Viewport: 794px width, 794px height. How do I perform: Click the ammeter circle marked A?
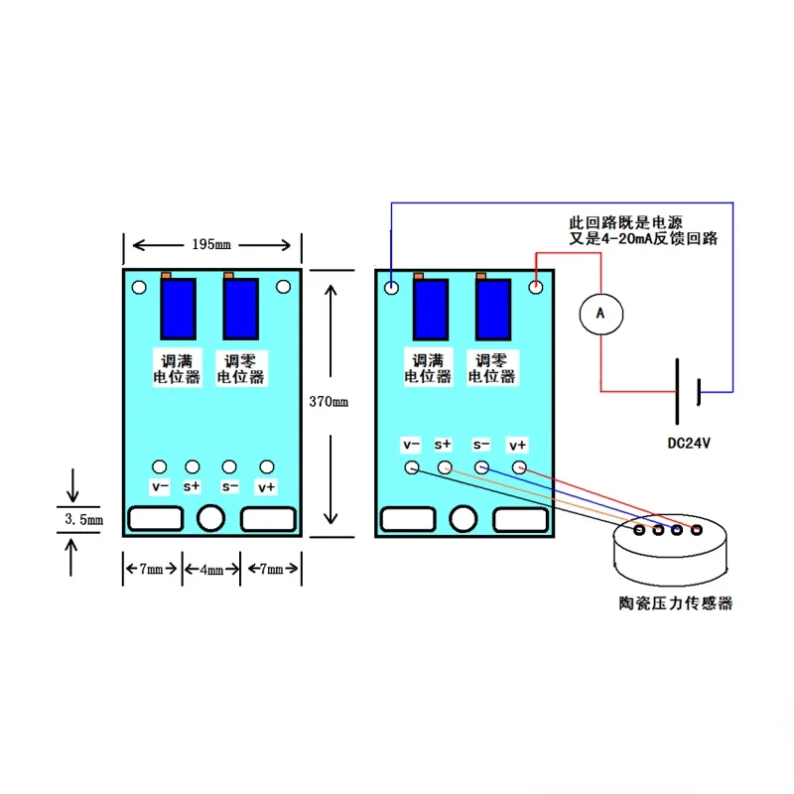(599, 312)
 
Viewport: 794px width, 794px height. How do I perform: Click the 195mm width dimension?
(210, 244)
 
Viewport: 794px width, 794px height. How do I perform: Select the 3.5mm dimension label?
(82, 520)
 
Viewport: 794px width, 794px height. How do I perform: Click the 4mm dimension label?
(210, 569)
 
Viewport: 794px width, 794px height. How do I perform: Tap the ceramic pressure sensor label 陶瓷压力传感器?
(675, 602)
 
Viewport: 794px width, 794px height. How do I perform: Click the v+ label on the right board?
(518, 445)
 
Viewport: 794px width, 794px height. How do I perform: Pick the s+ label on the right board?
(443, 445)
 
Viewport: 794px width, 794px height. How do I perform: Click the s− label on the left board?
(230, 486)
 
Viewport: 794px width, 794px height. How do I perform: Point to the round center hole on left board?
(210, 518)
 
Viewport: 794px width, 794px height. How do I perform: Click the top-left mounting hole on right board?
(392, 288)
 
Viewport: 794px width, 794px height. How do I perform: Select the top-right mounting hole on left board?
(284, 288)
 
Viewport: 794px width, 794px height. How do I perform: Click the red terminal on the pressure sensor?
(698, 530)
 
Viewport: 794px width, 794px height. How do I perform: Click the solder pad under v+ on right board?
(518, 466)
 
